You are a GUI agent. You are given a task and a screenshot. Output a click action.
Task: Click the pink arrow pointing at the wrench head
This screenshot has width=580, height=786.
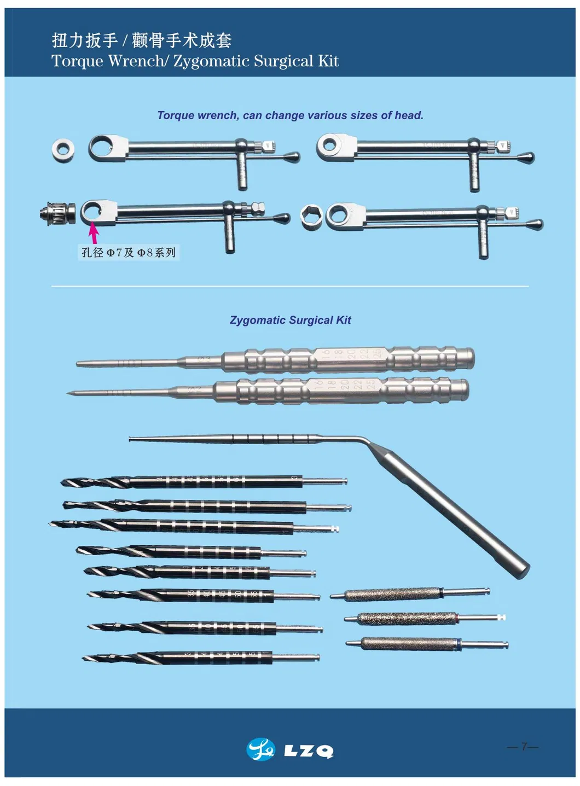94,232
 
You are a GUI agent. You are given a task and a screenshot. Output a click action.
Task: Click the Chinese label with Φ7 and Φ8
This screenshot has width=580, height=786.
129,252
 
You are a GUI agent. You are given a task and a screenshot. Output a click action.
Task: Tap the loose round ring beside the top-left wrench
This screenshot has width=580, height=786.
63,149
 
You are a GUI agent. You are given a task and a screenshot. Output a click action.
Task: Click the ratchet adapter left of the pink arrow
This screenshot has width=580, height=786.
57,212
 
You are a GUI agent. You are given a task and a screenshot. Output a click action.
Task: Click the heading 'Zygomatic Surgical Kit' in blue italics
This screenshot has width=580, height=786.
290,320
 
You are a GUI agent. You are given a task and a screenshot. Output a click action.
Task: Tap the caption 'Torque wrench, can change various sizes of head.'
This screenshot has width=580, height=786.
290,115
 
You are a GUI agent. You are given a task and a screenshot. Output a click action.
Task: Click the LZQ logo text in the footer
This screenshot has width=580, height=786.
309,751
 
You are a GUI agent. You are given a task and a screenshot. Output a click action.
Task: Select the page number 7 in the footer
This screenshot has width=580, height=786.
524,746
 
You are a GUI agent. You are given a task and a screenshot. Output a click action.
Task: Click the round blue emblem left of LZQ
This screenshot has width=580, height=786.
261,749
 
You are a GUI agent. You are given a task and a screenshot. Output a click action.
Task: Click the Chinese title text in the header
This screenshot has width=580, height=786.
142,40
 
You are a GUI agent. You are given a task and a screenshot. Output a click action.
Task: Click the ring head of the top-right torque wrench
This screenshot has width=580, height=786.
330,145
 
